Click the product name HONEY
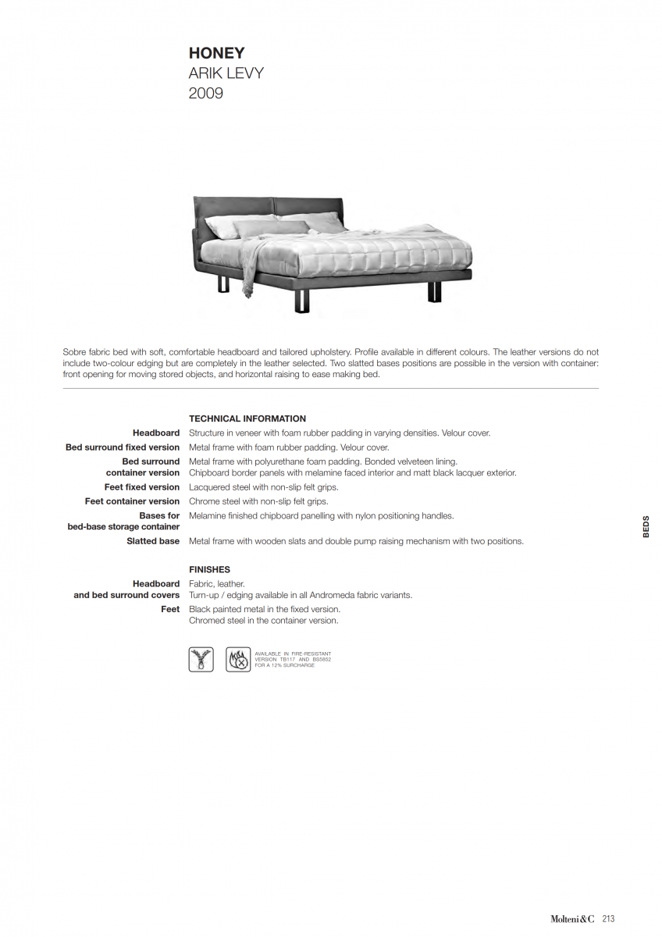pos(216,53)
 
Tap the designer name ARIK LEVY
pos(226,73)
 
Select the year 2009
pos(205,94)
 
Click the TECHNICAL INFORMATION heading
pos(247,419)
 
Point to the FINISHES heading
pos(209,569)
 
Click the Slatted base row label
pos(153,541)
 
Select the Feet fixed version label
pos(142,487)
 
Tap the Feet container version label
pos(133,501)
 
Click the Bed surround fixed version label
pos(123,447)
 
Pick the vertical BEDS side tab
pos(646,526)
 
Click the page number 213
pos(608,919)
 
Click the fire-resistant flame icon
pos(238,660)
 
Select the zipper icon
pos(201,660)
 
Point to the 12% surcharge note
pos(285,665)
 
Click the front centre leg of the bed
pos(302,301)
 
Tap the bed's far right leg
pos(435,290)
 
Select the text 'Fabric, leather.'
pos(217,583)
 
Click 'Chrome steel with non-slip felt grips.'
pos(258,501)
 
